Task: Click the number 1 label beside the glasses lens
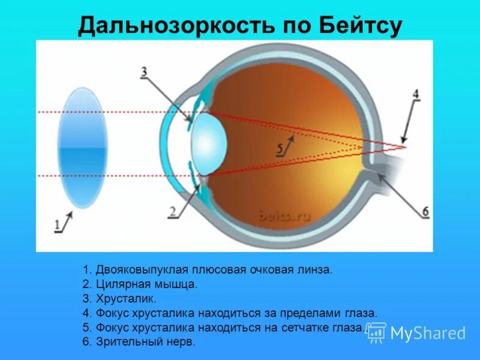pyautogui.click(x=58, y=226)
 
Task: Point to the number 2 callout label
pyautogui.click(x=172, y=211)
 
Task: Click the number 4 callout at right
pyautogui.click(x=415, y=95)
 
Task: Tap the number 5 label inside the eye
pyautogui.click(x=280, y=147)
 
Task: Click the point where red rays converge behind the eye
pyautogui.click(x=405, y=146)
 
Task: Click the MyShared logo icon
pyautogui.click(x=376, y=332)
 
